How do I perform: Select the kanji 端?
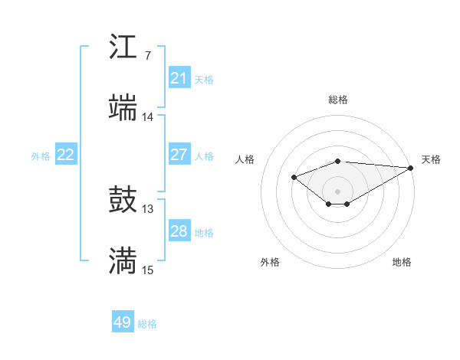point(123,108)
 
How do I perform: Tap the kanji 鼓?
point(123,201)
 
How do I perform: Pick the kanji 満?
point(123,261)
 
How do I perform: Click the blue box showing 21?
point(179,78)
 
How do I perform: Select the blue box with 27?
point(179,155)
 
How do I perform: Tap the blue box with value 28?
point(179,231)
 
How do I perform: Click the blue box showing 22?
point(66,155)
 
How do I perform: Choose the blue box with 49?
point(123,322)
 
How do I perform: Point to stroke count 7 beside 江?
point(147,56)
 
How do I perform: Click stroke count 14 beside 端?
point(148,117)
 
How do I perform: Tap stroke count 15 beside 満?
point(148,270)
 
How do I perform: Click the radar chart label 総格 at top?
point(338,100)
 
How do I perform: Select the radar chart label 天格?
point(431,159)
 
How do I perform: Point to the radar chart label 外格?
point(270,262)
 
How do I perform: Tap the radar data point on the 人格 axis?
point(294,178)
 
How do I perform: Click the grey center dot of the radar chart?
point(338,191)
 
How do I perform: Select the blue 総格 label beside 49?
point(147,324)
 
